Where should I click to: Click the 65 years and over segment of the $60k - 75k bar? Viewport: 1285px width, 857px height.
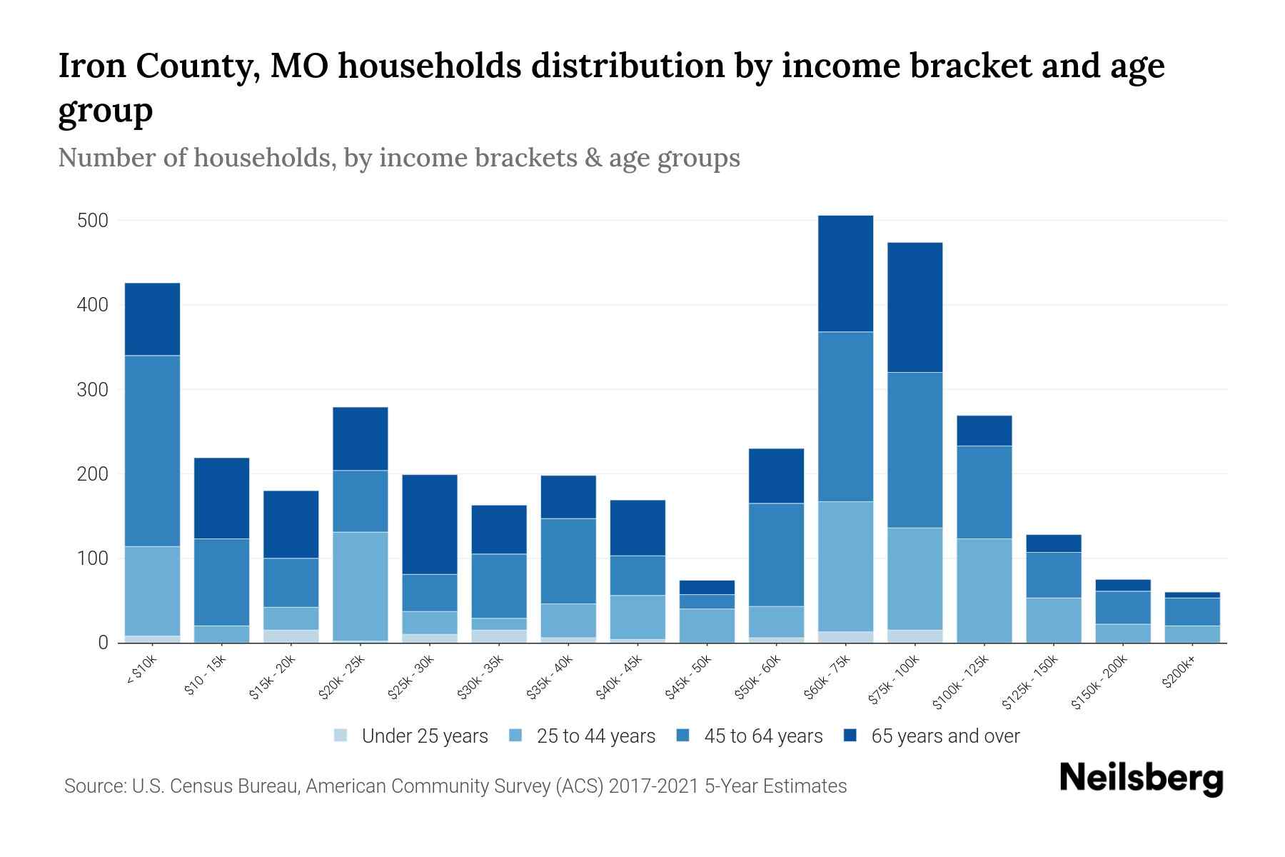845,274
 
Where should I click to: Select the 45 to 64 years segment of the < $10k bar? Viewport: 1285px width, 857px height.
152,451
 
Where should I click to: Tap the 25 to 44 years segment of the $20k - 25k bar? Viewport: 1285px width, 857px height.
361,586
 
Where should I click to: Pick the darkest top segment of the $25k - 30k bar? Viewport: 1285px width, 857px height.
430,524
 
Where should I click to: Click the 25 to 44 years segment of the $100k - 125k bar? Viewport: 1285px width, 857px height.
984,591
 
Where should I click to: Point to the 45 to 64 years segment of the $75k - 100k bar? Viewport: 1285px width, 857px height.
914,450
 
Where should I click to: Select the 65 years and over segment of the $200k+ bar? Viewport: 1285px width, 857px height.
1192,595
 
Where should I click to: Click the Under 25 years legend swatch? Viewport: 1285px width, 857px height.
341,736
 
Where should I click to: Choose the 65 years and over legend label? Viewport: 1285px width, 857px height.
945,736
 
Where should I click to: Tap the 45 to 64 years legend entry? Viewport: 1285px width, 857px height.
762,736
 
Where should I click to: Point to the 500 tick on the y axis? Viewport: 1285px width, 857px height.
92,221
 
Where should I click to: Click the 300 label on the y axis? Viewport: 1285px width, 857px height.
92,390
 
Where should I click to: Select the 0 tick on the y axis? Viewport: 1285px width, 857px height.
103,643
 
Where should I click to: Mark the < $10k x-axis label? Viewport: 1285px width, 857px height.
141,671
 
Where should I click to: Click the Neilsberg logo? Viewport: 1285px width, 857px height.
1141,778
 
